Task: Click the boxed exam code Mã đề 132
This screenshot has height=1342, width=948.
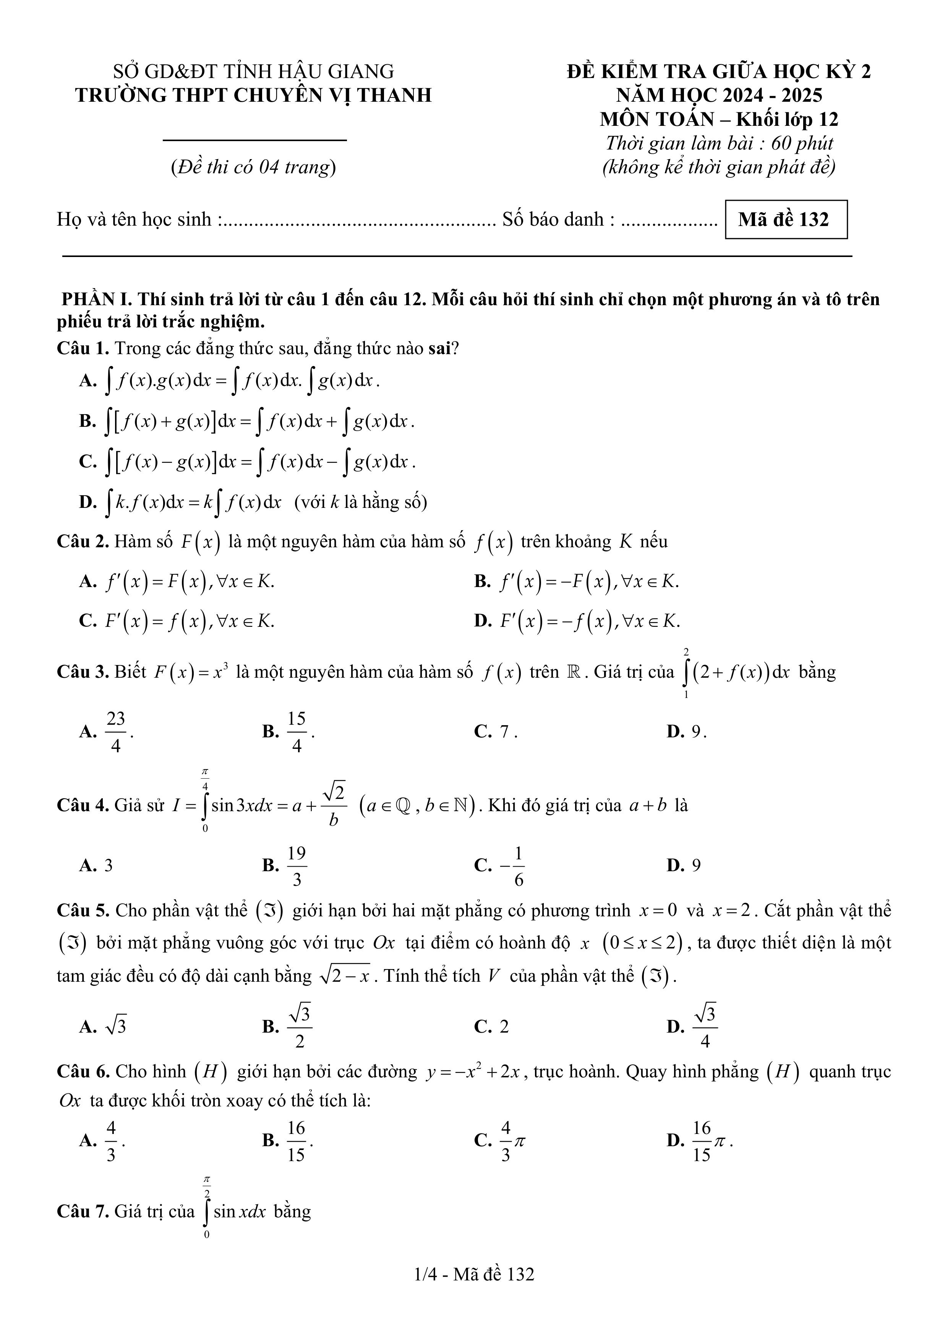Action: pos(786,220)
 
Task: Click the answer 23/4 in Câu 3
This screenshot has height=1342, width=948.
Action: pos(116,731)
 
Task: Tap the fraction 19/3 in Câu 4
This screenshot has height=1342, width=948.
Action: pos(297,865)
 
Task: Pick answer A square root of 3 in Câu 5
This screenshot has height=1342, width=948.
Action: pos(115,1026)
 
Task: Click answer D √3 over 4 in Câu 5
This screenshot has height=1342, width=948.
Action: pos(705,1026)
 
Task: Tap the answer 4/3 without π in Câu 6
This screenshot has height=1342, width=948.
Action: pos(111,1140)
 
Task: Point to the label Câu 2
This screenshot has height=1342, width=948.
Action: pos(83,542)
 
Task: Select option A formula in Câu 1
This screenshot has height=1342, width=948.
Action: pos(245,381)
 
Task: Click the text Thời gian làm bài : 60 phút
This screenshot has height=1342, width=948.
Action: pos(719,143)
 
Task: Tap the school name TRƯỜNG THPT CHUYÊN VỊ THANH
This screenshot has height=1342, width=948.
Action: pos(253,95)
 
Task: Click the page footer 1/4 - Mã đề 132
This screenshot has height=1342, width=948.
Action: pos(474,1274)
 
